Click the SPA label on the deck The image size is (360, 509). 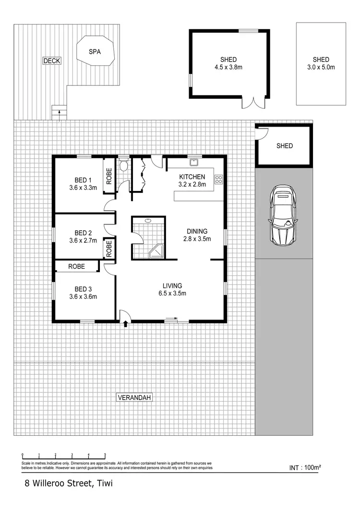coord(95,52)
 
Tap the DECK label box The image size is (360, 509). coord(52,61)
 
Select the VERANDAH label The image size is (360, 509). coord(134,397)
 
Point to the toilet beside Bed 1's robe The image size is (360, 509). coord(123,166)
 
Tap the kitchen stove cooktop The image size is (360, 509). coord(218,179)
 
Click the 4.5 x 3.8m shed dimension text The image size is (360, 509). coord(228,67)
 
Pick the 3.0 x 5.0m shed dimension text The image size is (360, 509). coord(321,67)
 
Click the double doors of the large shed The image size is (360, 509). coord(252,102)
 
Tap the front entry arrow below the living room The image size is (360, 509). coord(126,324)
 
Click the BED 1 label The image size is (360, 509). coord(83,180)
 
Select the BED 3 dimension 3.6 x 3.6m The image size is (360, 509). coord(83,296)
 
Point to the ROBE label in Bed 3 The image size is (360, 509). coord(76,266)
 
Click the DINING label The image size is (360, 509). coord(197,231)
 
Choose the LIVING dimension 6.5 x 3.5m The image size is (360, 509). coord(172,293)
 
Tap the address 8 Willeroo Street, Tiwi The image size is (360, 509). coord(69,484)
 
